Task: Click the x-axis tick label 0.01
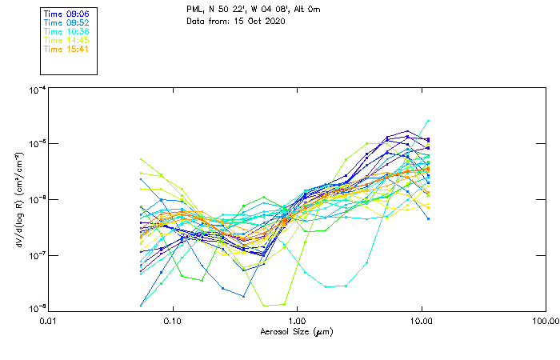coord(49,321)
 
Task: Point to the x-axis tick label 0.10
coord(173,321)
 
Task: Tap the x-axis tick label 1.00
coord(297,321)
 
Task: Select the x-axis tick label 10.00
coord(421,321)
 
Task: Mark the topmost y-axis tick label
coord(37,90)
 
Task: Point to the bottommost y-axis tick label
coord(37,308)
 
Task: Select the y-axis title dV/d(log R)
coord(18,199)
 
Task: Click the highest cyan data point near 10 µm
coord(428,121)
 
